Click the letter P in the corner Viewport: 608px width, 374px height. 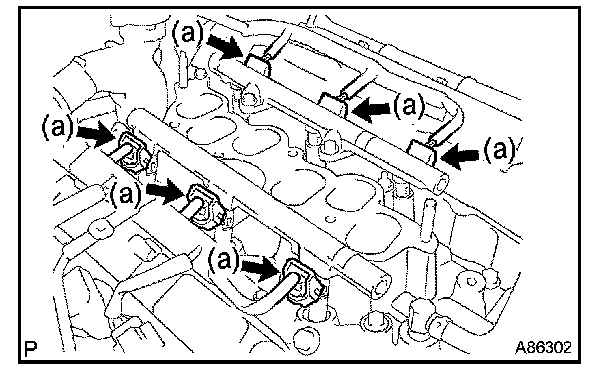30,348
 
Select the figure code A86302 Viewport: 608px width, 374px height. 543,348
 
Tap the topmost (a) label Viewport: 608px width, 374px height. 187,33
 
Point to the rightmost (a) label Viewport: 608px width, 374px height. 499,150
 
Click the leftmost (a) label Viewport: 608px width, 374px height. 57,127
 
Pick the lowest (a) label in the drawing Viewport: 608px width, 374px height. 224,260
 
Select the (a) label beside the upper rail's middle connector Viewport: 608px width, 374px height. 409,105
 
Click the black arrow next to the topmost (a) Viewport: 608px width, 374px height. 227,46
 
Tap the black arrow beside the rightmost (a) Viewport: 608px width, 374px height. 460,156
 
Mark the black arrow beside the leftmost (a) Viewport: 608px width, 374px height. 95,133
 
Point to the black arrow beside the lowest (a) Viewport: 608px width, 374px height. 261,268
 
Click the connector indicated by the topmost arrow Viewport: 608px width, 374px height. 259,64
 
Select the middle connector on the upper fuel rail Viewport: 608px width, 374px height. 333,104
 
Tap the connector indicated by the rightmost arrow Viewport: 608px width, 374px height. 424,152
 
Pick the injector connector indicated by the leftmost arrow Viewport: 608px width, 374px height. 134,152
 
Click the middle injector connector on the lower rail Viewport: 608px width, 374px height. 206,207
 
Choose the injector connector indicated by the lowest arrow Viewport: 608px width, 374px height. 304,282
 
